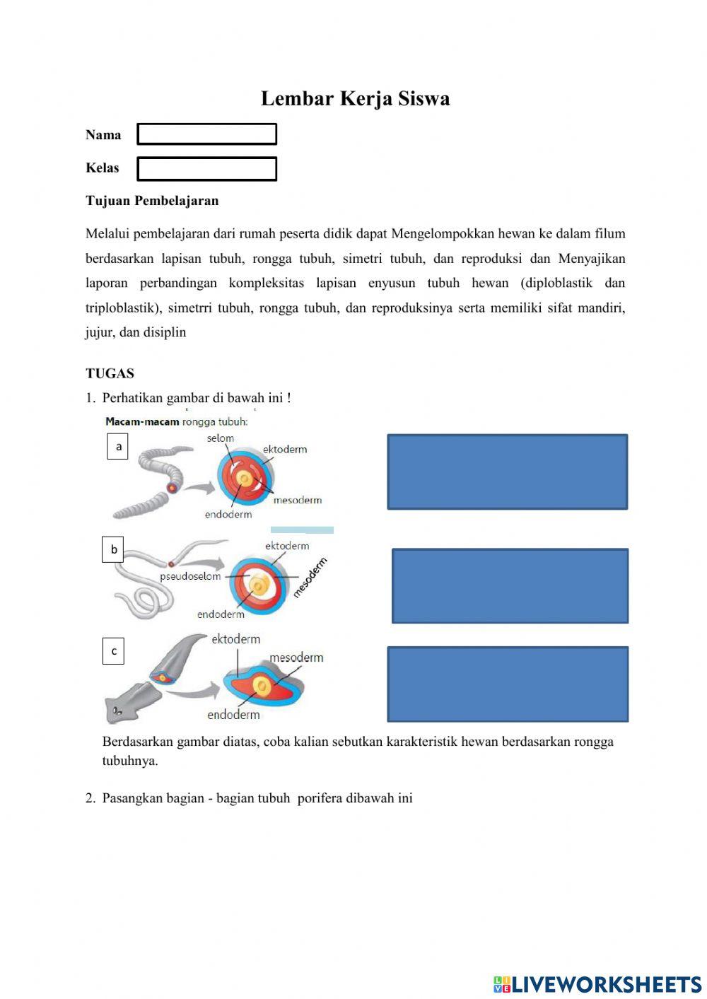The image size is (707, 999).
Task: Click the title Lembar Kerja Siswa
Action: click(x=355, y=98)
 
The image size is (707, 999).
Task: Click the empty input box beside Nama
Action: click(x=206, y=134)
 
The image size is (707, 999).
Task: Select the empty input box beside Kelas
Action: click(x=206, y=169)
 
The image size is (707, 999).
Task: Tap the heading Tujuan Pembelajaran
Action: click(x=152, y=201)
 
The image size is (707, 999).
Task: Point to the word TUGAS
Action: click(x=110, y=373)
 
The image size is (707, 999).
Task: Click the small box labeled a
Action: click(x=118, y=447)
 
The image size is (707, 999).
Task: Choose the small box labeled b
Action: click(x=113, y=549)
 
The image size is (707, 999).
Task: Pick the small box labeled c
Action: click(x=114, y=651)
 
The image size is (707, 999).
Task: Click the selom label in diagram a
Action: click(x=220, y=438)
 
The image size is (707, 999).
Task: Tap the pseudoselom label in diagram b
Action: click(x=190, y=576)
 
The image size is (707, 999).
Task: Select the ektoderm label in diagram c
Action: click(x=235, y=639)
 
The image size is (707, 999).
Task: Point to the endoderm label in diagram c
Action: click(x=233, y=715)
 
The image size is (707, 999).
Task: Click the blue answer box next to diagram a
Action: click(x=507, y=472)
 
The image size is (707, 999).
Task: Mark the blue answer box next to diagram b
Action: click(x=510, y=585)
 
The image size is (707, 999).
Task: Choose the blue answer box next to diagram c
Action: click(x=508, y=684)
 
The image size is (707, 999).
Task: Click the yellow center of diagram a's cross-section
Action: click(x=244, y=479)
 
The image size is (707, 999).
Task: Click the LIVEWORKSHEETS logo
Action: click(x=597, y=984)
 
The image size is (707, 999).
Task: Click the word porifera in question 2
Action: click(x=320, y=798)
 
